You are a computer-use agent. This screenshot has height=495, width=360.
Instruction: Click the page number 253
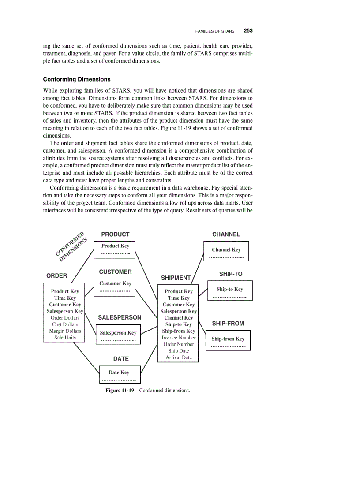coord(248,31)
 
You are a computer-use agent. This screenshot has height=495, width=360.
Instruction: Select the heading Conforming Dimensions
coord(76,79)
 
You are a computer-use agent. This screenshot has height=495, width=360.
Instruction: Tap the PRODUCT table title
coord(115,234)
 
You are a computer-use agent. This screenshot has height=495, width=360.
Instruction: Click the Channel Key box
coord(226,251)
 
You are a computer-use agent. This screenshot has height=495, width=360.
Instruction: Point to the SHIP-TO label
coord(231,274)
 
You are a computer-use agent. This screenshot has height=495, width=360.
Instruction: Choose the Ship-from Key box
coord(228,340)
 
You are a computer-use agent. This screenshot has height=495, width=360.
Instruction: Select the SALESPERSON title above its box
coord(120,317)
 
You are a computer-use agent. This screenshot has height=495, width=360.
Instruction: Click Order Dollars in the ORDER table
coord(65,318)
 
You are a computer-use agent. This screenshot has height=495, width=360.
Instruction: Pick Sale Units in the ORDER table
coord(65,338)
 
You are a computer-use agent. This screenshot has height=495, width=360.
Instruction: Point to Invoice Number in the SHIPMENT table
coord(178,338)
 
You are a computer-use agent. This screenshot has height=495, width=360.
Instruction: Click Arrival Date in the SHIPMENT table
coord(178,357)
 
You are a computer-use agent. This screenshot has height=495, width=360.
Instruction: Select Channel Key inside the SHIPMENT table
coord(178,318)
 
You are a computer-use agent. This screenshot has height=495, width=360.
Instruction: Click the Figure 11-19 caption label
coord(120,391)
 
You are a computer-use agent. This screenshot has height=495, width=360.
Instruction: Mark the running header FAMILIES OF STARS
coord(215,31)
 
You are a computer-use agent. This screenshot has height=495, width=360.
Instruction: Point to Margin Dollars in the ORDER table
coord(65,331)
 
